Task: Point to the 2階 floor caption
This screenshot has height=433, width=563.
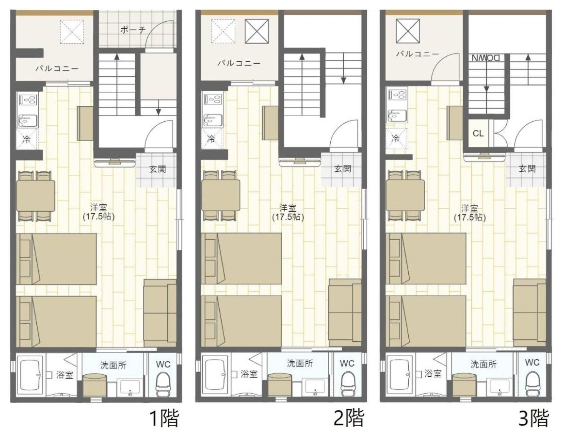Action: (349, 418)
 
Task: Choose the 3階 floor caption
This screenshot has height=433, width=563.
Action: (533, 418)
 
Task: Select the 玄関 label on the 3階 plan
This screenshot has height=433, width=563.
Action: (527, 169)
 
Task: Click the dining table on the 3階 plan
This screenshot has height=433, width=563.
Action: (405, 195)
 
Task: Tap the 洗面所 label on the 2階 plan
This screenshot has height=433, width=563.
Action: (299, 363)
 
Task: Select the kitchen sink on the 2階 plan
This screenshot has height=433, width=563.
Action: (211, 119)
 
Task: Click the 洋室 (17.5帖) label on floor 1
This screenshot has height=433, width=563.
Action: (98, 212)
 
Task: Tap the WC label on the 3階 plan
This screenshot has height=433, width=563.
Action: (532, 362)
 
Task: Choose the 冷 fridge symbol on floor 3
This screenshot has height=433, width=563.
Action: (396, 138)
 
